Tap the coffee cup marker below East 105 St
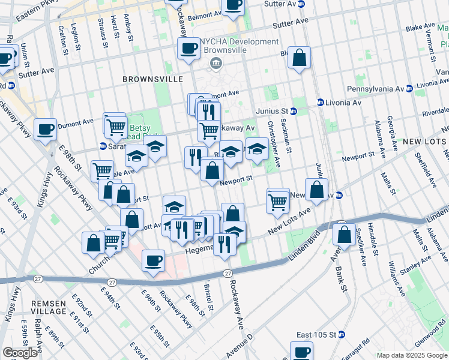(301, 351)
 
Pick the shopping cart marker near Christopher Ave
(277, 201)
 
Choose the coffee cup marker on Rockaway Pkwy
(153, 261)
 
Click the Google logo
(20, 353)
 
